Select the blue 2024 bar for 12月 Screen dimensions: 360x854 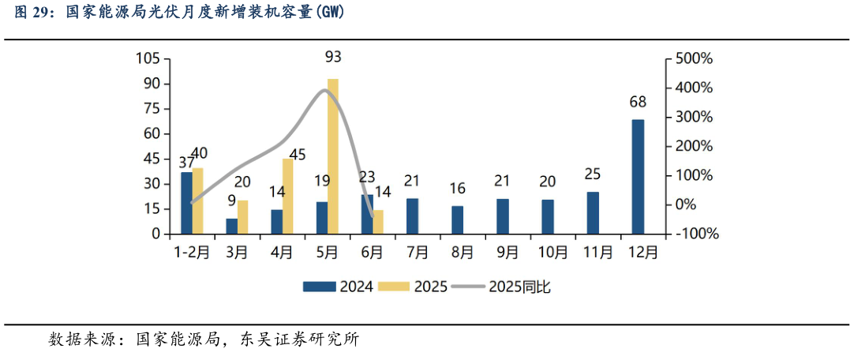click(x=638, y=177)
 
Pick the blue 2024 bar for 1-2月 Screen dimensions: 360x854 click(x=186, y=203)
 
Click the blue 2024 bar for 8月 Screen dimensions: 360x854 click(x=457, y=220)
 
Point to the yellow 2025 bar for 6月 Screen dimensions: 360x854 click(x=378, y=222)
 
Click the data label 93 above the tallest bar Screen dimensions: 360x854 click(x=333, y=57)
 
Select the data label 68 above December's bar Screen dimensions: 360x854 click(x=638, y=102)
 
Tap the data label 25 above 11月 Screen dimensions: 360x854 click(x=592, y=174)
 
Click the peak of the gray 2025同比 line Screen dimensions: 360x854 click(x=325, y=90)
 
